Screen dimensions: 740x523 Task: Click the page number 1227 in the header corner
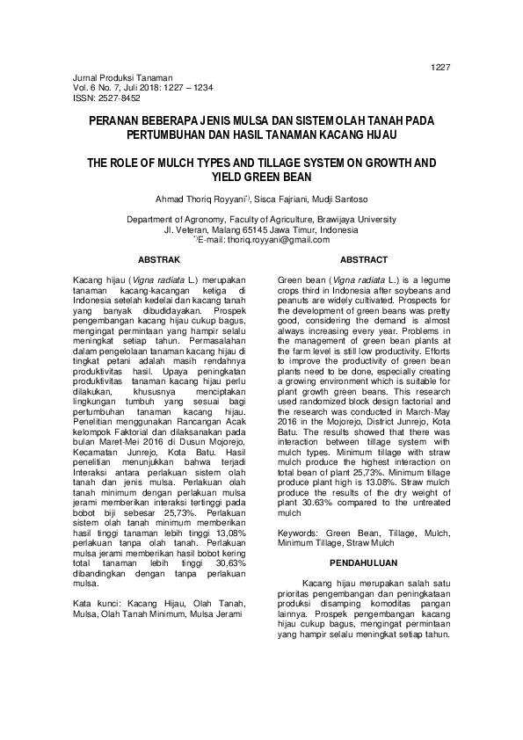point(440,68)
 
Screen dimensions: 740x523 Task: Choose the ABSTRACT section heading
point(364,260)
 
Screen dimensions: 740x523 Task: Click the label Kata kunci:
point(97,604)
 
